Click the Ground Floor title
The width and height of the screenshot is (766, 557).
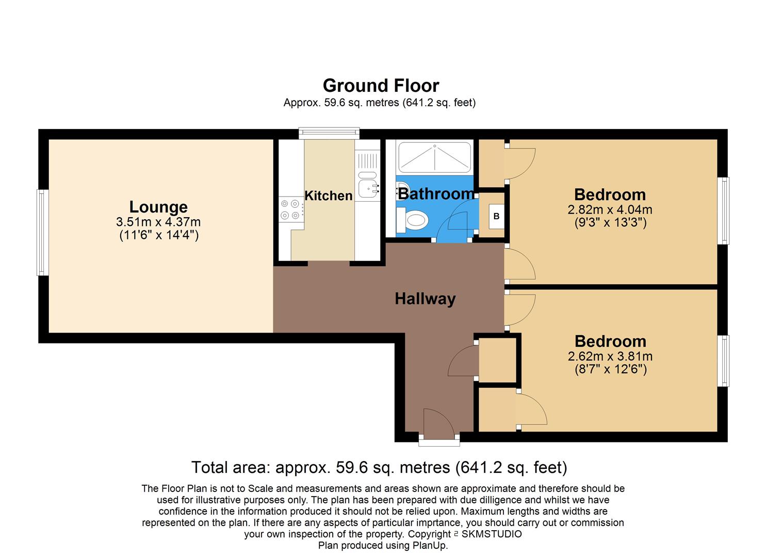coord(381,86)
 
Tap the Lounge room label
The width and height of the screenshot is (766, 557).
coord(158,207)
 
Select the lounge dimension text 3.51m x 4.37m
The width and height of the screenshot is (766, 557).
coord(158,222)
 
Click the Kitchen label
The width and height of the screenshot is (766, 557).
coord(328,196)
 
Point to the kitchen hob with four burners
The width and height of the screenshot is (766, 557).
coord(290,209)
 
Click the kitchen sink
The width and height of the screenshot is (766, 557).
coord(367,188)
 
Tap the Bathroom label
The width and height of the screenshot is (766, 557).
coord(435,194)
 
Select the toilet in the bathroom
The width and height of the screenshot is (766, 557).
coord(414,221)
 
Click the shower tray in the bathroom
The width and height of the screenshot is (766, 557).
coord(434,157)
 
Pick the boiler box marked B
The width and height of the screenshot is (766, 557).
coord(496,217)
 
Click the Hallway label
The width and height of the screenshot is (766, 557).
coord(425,299)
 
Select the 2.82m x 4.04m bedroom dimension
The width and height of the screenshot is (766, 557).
coord(610,210)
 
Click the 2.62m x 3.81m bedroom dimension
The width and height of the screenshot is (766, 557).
coord(610,356)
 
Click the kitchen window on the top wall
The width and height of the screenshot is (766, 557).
coord(329,133)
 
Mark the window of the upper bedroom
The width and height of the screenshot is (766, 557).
coord(725,210)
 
